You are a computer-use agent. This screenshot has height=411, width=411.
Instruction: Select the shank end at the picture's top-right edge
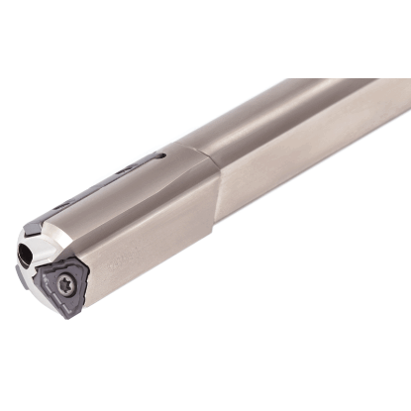(x=401, y=94)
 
